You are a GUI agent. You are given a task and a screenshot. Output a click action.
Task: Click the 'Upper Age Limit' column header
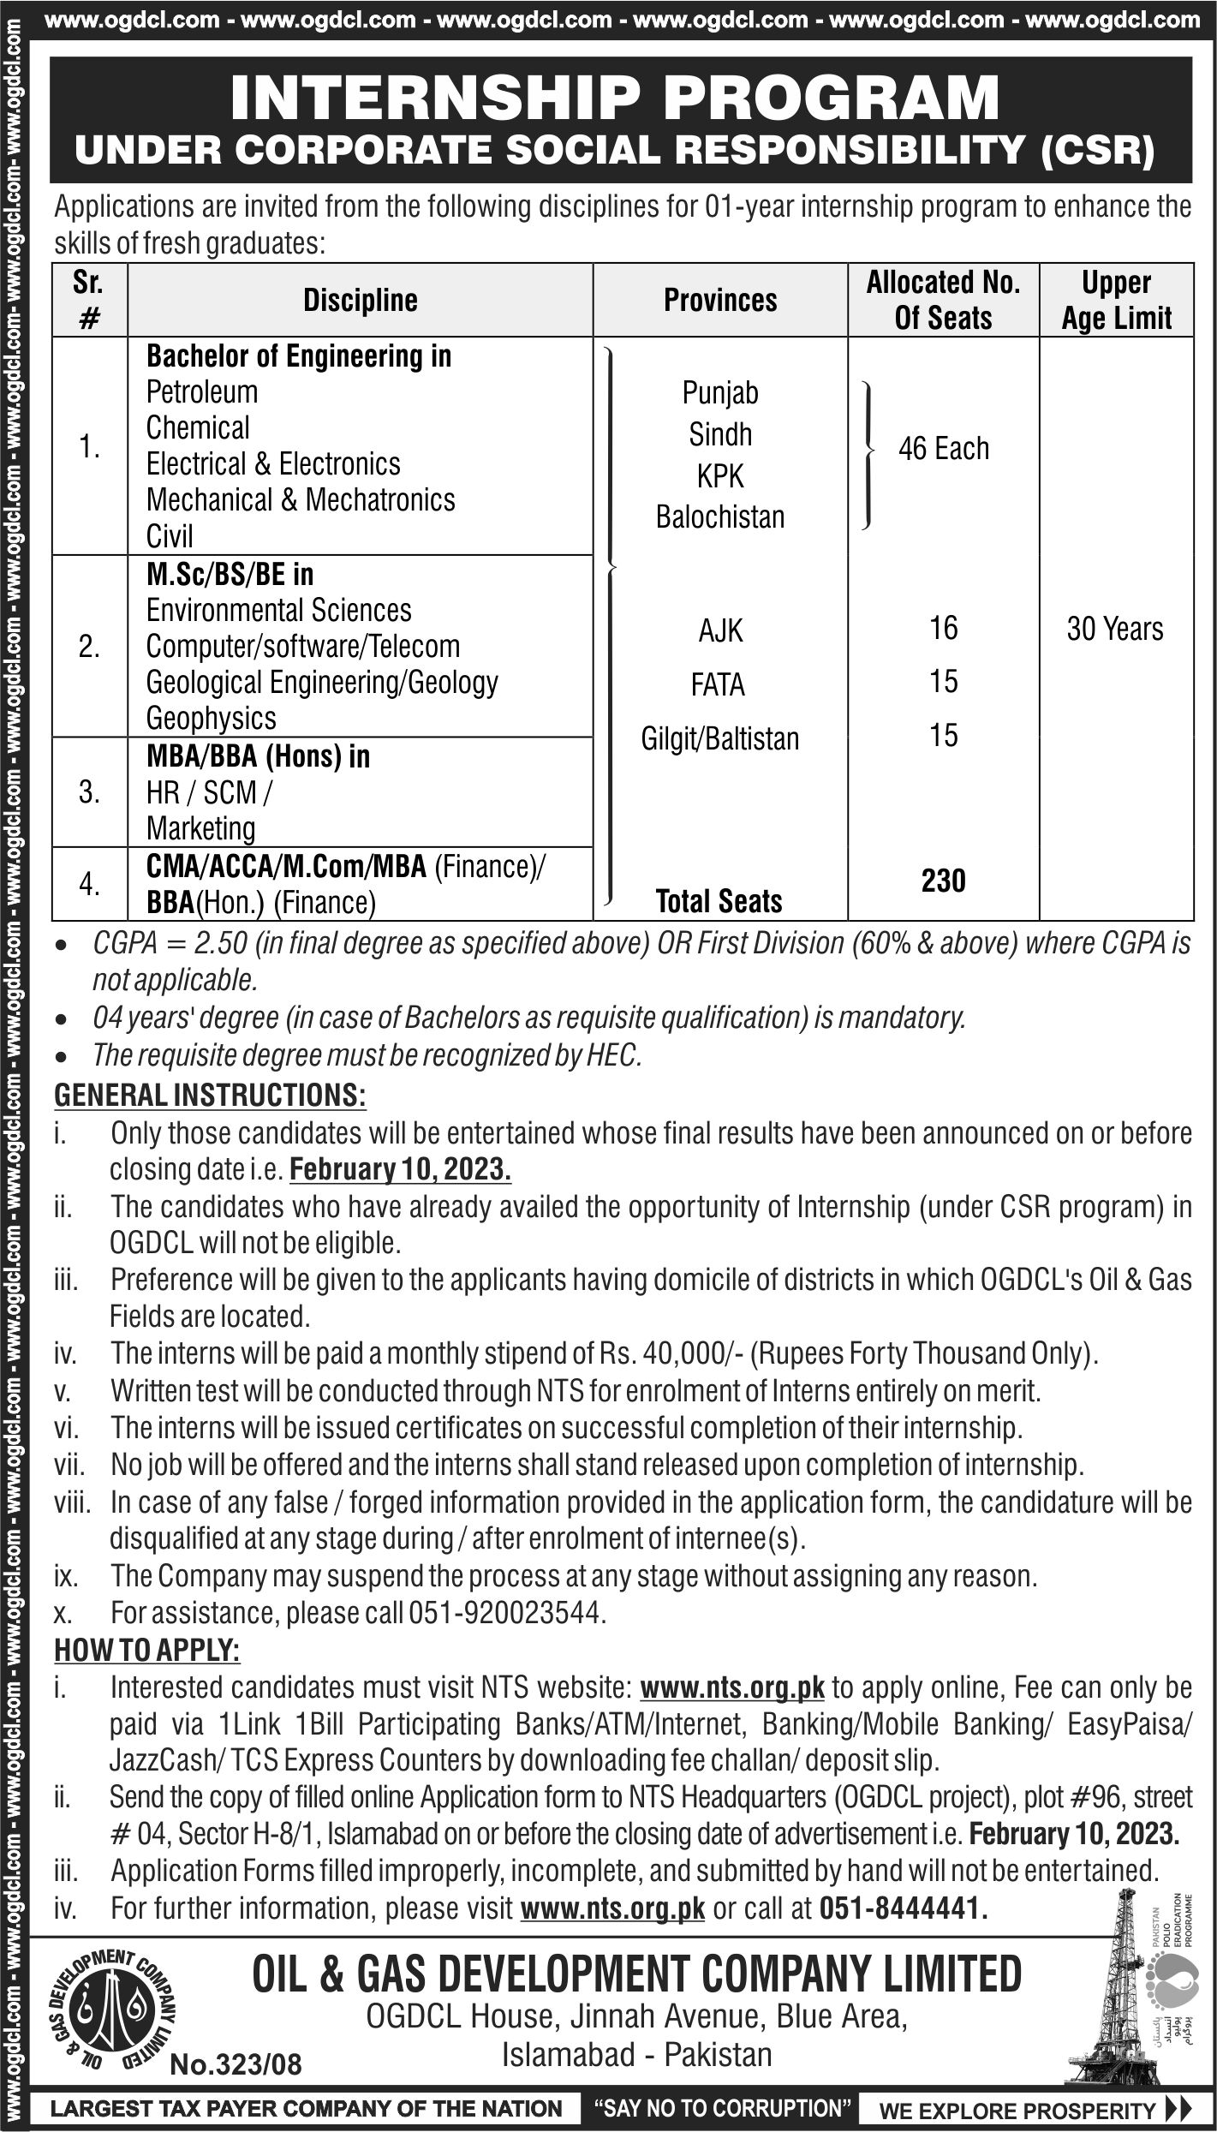(1116, 300)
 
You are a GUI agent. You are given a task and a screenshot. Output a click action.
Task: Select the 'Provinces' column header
(720, 301)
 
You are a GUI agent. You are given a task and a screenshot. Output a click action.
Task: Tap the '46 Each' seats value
(943, 448)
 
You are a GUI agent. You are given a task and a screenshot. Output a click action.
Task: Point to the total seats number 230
(943, 881)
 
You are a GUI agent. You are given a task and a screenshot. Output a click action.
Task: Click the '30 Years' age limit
(1115, 630)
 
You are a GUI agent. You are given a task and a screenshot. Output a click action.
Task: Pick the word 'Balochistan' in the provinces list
(720, 517)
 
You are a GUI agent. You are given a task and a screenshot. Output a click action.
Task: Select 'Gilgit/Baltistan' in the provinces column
(720, 738)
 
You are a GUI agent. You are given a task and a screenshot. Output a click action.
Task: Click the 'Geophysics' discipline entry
(211, 718)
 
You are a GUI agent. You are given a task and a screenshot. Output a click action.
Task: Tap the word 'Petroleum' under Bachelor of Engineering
(201, 392)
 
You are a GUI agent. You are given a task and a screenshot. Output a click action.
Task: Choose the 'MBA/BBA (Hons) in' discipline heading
(258, 756)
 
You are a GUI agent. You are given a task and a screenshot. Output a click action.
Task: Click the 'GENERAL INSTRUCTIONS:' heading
(210, 1095)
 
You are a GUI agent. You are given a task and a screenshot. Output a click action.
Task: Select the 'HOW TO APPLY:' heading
(147, 1650)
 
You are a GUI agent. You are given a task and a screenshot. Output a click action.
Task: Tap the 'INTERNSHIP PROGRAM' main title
(615, 99)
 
